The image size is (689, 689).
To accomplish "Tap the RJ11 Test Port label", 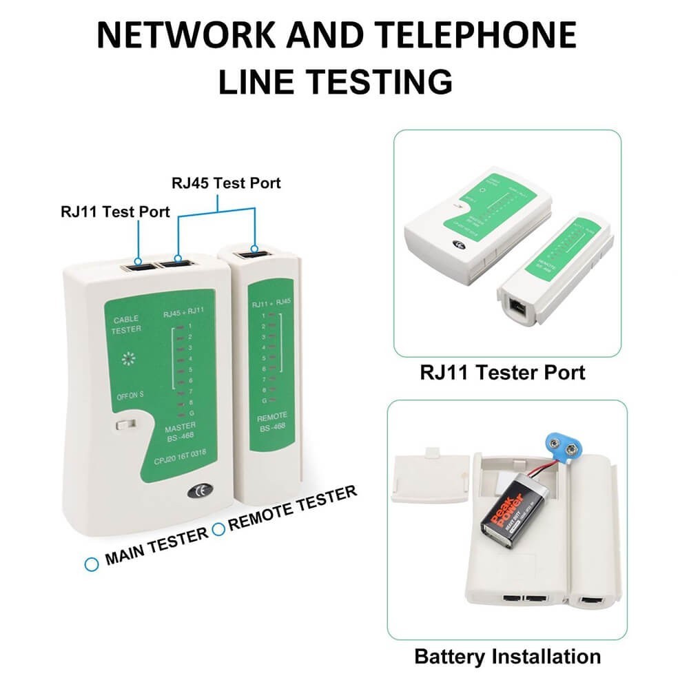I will click(x=115, y=212).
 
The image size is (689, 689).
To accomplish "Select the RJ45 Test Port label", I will click(x=226, y=183).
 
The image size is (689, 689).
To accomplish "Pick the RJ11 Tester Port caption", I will click(x=502, y=373).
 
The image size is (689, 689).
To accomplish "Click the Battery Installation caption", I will click(x=507, y=655).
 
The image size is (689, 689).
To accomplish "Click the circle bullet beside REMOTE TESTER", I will click(x=218, y=529).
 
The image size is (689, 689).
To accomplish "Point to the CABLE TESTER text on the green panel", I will click(x=125, y=324).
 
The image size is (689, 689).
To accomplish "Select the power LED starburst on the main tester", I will click(x=126, y=360).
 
